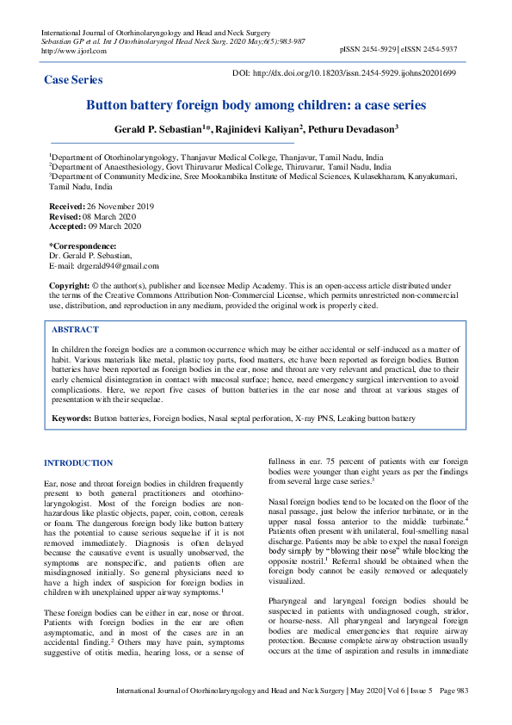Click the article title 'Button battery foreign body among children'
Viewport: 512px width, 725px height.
click(255, 106)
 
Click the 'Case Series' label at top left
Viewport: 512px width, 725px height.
click(73, 80)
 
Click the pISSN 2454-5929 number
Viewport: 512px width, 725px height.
click(368, 51)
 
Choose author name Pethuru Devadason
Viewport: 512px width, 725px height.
click(353, 128)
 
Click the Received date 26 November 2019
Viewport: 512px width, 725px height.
click(120, 208)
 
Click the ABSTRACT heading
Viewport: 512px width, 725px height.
click(75, 330)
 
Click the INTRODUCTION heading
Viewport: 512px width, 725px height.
click(78, 463)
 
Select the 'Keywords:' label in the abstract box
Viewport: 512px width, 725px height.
click(71, 418)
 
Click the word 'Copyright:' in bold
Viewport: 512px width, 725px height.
click(70, 285)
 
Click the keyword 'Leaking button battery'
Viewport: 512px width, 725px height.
click(373, 418)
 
